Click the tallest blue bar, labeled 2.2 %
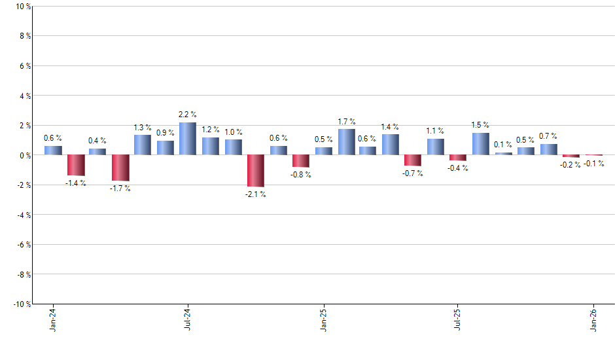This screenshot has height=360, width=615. pyautogui.click(x=188, y=139)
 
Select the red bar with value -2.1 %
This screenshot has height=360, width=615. pyautogui.click(x=256, y=171)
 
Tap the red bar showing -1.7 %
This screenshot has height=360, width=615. pyautogui.click(x=120, y=168)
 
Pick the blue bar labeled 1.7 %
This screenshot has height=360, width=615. pyautogui.click(x=347, y=142)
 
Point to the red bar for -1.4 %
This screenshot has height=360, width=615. pyautogui.click(x=76, y=165)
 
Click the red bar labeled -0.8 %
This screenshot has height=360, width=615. pyautogui.click(x=301, y=161)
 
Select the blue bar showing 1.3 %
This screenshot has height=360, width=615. pyautogui.click(x=143, y=145)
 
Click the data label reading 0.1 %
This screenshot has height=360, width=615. pyautogui.click(x=503, y=145)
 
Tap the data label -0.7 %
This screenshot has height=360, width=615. pyautogui.click(x=413, y=173)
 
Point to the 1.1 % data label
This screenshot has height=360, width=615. pyautogui.click(x=435, y=131)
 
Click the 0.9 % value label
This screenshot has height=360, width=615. pyautogui.click(x=166, y=133)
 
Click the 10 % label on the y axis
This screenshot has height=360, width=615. pyautogui.click(x=22, y=7)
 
